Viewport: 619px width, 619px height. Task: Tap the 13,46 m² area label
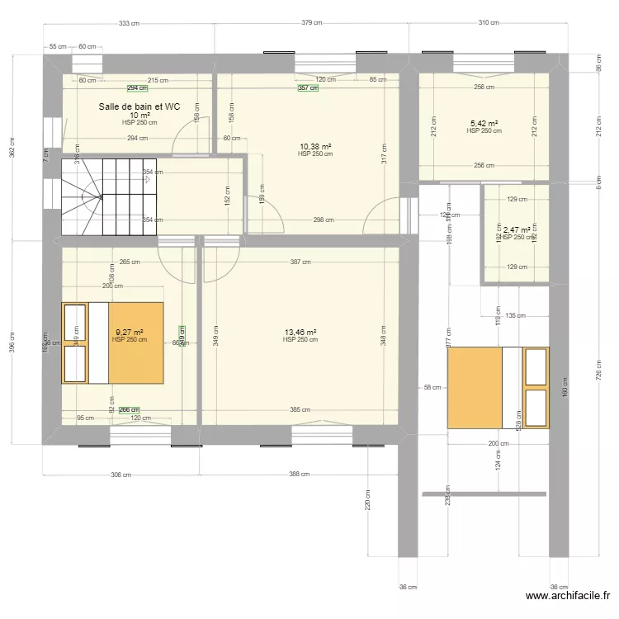pyautogui.click(x=300, y=333)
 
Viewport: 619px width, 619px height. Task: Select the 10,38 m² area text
pyautogui.click(x=315, y=146)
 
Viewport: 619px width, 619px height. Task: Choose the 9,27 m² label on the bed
pyautogui.click(x=130, y=333)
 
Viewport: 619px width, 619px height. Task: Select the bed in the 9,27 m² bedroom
pyautogui.click(x=112, y=343)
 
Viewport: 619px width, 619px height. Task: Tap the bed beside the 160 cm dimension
pyautogui.click(x=499, y=388)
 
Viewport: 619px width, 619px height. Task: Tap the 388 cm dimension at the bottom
pyautogui.click(x=300, y=475)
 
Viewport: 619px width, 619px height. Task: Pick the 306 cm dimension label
pyautogui.click(x=121, y=475)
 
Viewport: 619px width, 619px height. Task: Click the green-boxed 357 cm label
pyautogui.click(x=307, y=88)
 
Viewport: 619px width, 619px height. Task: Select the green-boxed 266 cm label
pyautogui.click(x=129, y=409)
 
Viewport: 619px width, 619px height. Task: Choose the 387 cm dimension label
pyautogui.click(x=300, y=262)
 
